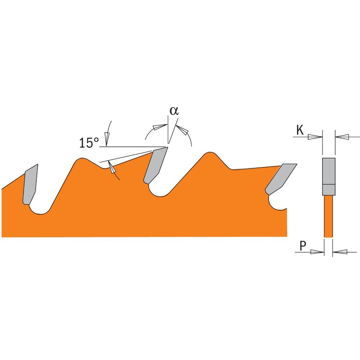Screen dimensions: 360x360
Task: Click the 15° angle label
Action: [89, 143]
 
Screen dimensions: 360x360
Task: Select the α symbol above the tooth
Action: [174, 111]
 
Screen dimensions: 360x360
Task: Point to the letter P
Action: [303, 246]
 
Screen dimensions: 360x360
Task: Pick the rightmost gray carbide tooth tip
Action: [280, 179]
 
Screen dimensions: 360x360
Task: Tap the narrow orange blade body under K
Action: [328, 216]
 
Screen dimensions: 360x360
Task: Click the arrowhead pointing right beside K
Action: [315, 137]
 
